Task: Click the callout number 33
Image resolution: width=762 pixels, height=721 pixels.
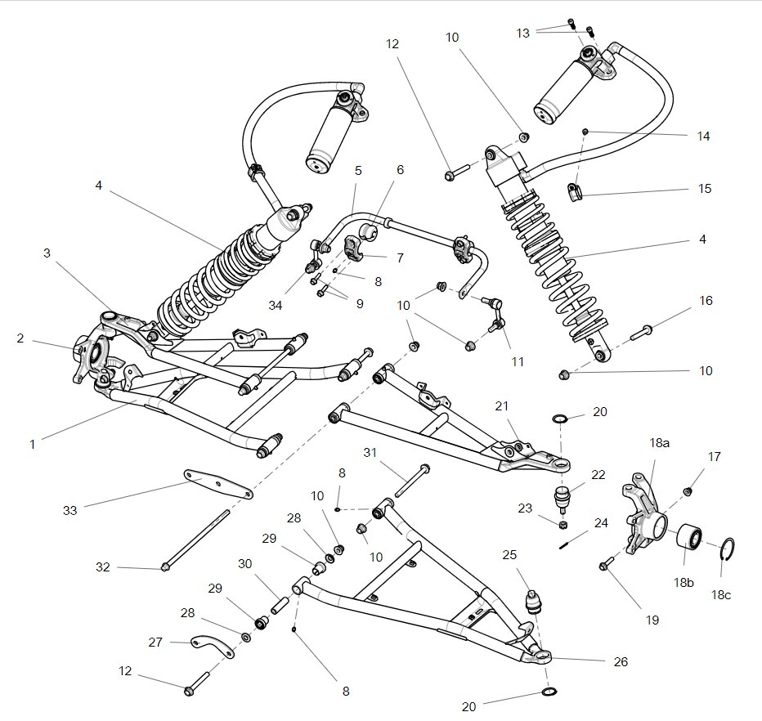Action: pyautogui.click(x=69, y=510)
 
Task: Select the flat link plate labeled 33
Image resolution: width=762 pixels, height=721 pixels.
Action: pyautogui.click(x=217, y=484)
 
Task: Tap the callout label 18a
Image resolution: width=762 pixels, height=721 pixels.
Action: pyautogui.click(x=660, y=442)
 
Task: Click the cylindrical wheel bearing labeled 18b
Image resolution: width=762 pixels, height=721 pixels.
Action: pyautogui.click(x=689, y=540)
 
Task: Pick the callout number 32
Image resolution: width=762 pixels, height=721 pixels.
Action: pyautogui.click(x=102, y=566)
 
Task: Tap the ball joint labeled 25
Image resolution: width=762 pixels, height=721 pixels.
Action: pyautogui.click(x=533, y=601)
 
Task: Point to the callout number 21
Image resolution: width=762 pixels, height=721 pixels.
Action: pyautogui.click(x=501, y=406)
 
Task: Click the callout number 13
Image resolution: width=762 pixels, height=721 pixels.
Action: pyautogui.click(x=523, y=33)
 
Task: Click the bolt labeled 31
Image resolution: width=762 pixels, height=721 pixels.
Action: pyautogui.click(x=410, y=481)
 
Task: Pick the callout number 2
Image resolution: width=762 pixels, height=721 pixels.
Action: pyautogui.click(x=20, y=338)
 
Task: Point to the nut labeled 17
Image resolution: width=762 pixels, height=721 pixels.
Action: pyautogui.click(x=688, y=490)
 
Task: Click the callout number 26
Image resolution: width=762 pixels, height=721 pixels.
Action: pyautogui.click(x=621, y=661)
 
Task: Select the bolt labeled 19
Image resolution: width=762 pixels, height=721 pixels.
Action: pyautogui.click(x=606, y=563)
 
